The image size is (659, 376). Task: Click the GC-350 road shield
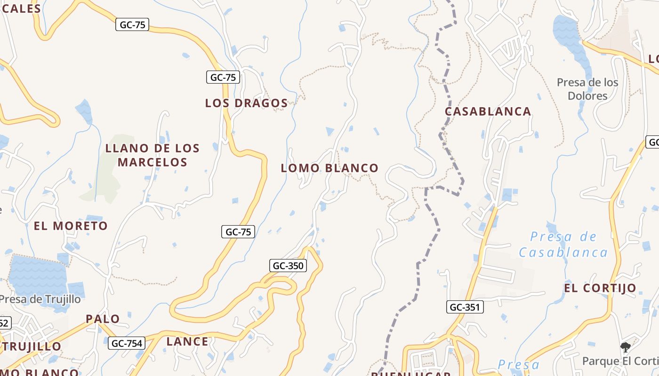coord(288,266)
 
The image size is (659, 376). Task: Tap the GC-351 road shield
coord(465,307)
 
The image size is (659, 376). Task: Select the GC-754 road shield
coord(126,344)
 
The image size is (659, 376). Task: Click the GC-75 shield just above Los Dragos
coord(223,77)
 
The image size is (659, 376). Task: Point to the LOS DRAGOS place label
coord(246,103)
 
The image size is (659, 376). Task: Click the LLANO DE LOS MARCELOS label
coord(153,155)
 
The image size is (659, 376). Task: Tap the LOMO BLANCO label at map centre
coord(329,168)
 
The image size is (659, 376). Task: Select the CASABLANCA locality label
coord(488,111)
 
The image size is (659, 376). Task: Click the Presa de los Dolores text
coord(587,89)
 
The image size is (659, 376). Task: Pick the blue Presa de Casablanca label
coord(563,244)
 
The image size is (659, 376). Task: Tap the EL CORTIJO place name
coord(600,288)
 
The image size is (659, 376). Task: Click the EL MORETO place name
coord(71,226)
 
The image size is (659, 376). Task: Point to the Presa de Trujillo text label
coord(40,299)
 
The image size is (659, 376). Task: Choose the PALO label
coord(103,319)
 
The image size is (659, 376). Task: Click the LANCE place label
coord(187,342)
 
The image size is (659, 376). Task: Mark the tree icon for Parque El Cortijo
coord(626,347)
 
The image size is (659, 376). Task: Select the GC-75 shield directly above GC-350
coord(238,232)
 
